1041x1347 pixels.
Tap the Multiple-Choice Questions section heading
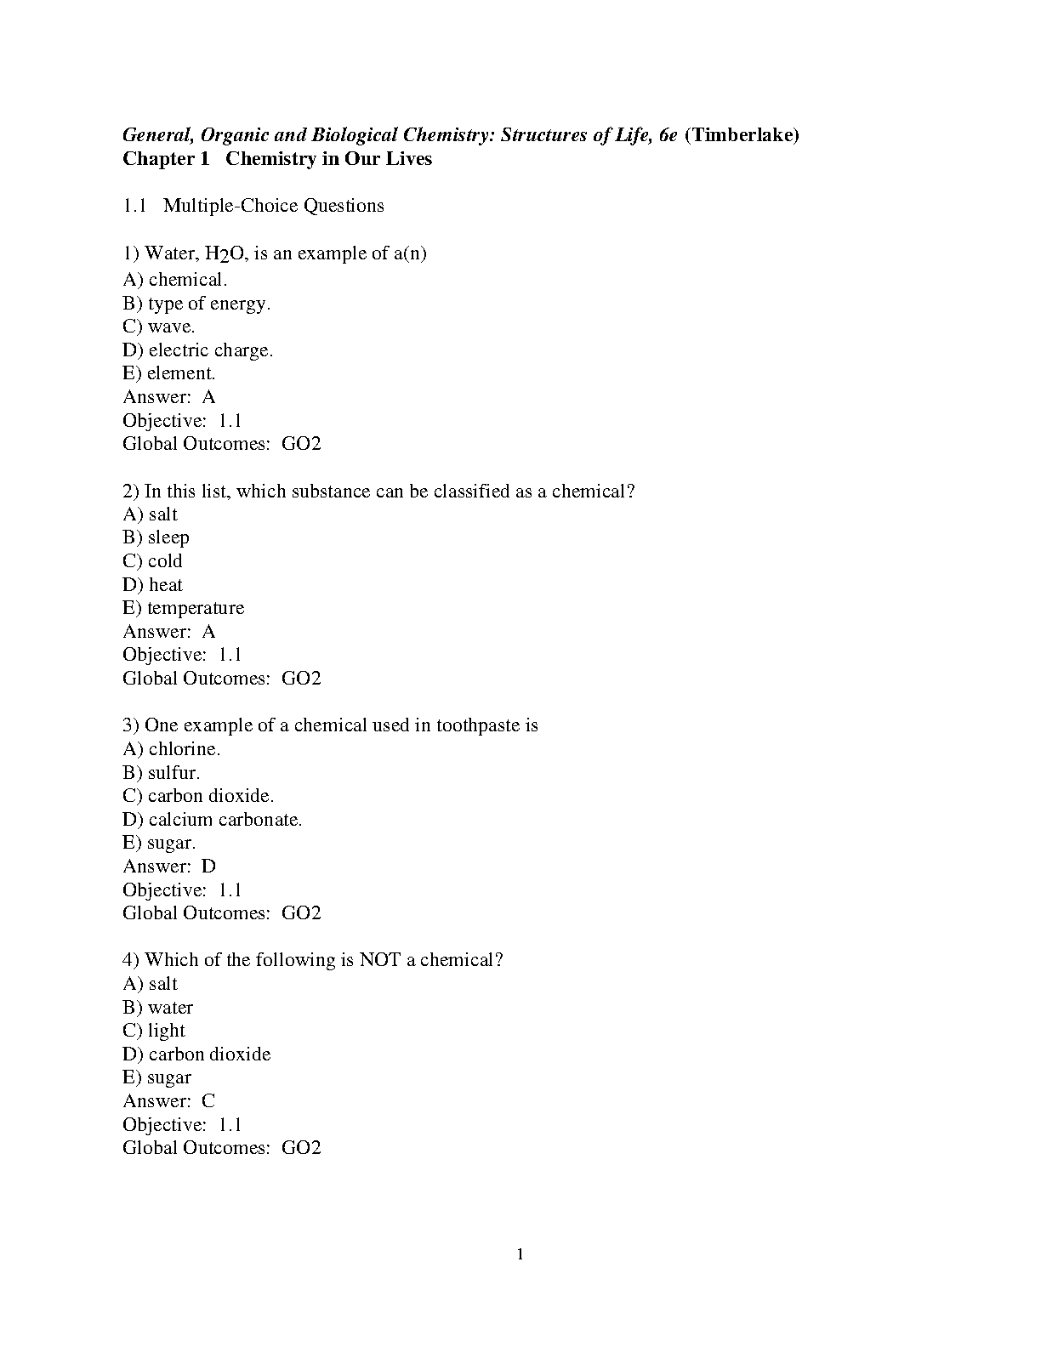click(x=273, y=206)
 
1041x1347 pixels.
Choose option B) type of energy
click(x=196, y=304)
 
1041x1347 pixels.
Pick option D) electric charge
click(x=198, y=350)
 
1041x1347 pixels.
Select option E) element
click(x=169, y=373)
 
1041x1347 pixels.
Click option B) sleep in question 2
click(x=156, y=537)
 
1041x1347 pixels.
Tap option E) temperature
click(x=184, y=608)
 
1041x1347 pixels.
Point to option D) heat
click(x=153, y=585)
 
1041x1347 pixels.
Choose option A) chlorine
click(x=172, y=749)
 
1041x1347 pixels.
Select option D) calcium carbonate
click(x=213, y=820)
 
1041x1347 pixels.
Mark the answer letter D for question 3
click(x=208, y=867)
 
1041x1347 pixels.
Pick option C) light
click(x=154, y=1031)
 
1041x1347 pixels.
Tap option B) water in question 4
click(x=158, y=1008)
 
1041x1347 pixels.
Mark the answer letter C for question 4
click(x=208, y=1101)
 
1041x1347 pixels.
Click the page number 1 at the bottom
click(x=520, y=1255)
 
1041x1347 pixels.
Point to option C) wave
click(x=159, y=327)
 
